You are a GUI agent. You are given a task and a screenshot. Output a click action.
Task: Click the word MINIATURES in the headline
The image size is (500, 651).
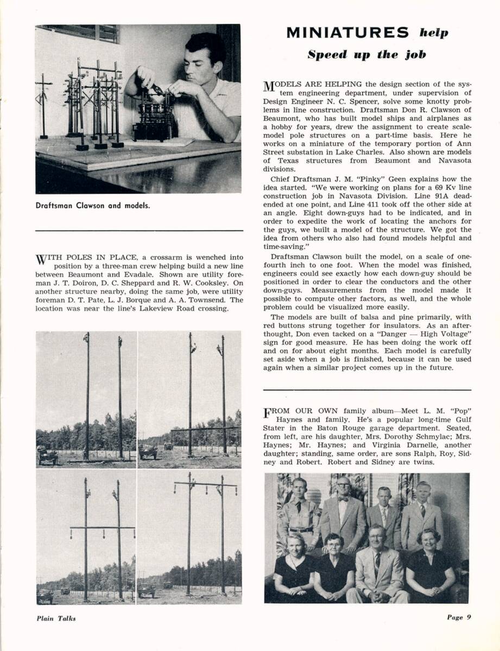click(347, 33)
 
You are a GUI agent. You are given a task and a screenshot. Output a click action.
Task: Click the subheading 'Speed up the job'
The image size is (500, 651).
click(366, 55)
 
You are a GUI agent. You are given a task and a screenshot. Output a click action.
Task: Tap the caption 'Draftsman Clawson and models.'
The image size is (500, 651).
click(93, 206)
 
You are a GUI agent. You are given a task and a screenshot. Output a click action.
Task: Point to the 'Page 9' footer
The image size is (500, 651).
click(459, 617)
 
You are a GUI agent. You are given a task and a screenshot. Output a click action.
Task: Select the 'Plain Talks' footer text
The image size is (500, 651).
click(56, 618)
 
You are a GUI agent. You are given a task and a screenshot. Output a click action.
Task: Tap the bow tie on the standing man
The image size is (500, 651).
click(344, 499)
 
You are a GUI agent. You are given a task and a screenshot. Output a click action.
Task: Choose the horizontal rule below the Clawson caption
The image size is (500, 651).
click(139, 231)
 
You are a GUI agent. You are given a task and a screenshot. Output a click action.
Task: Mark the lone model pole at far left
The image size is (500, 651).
click(43, 106)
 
